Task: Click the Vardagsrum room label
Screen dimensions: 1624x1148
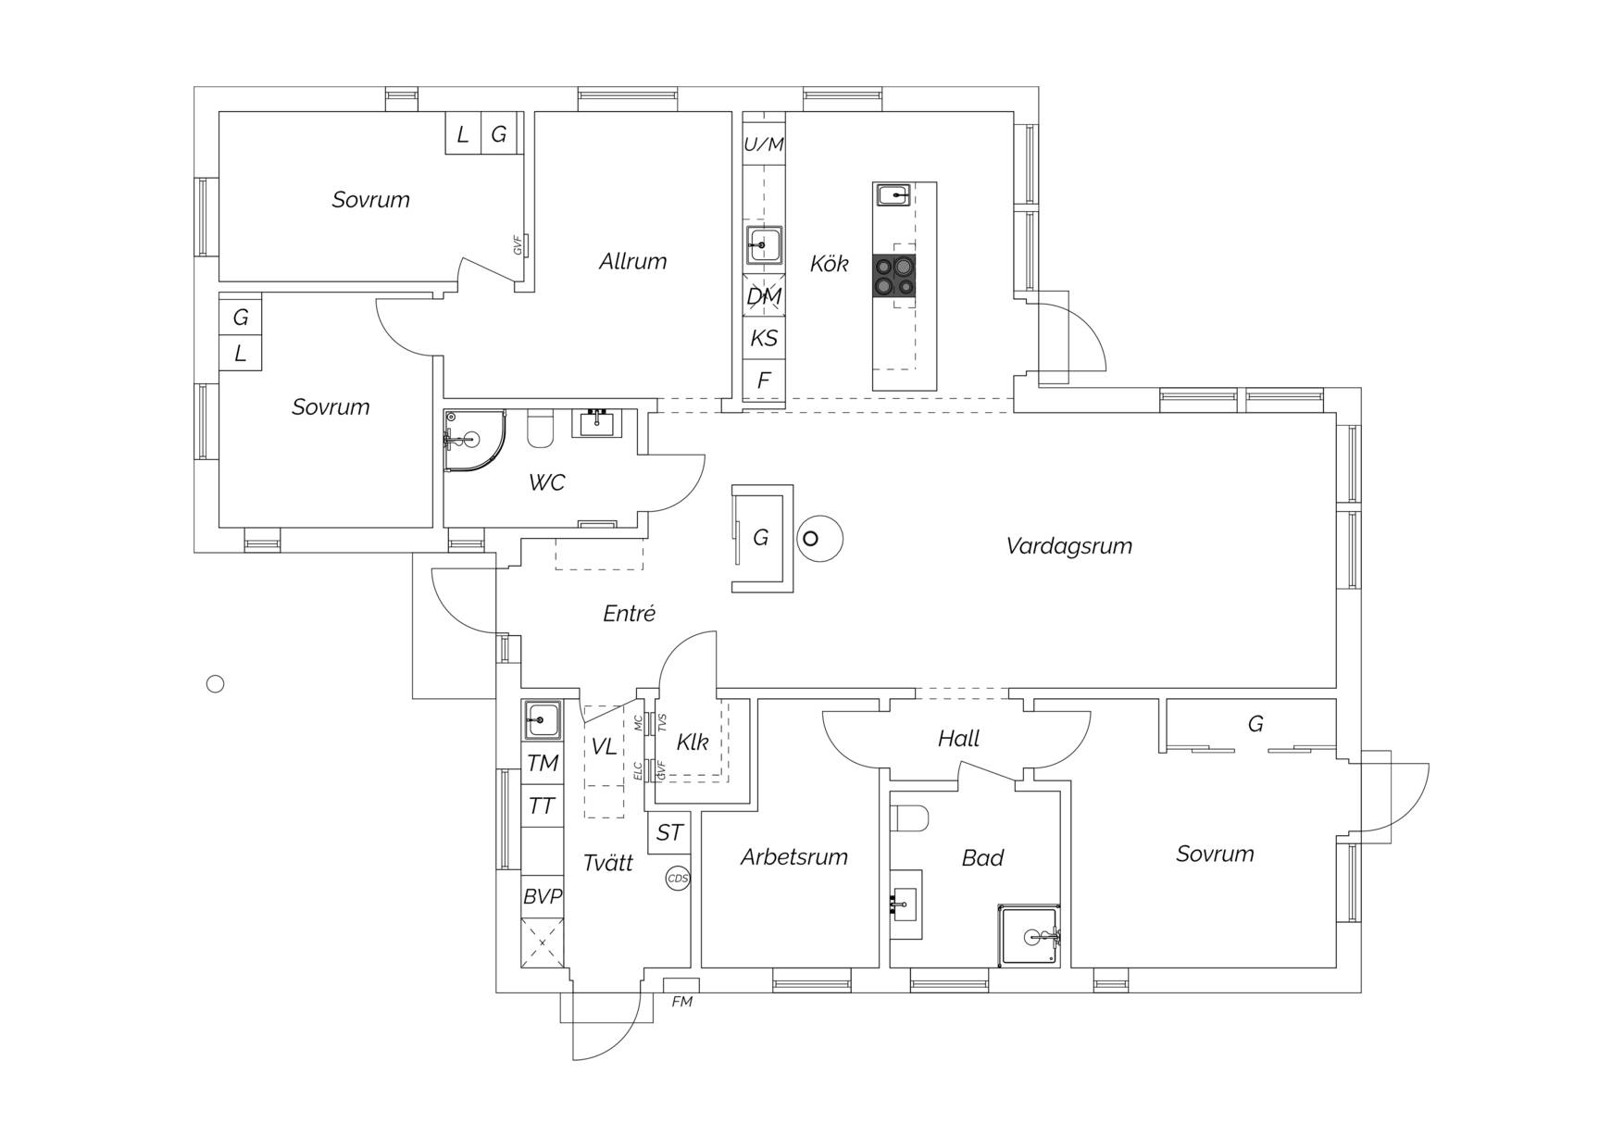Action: click(x=1069, y=546)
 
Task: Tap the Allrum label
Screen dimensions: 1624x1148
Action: click(x=632, y=261)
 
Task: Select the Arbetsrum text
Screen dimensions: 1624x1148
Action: click(x=794, y=857)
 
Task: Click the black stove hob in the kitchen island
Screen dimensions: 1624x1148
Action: click(x=893, y=276)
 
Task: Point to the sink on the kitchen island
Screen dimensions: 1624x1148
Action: click(x=893, y=194)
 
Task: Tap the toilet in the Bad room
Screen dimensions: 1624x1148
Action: click(x=913, y=818)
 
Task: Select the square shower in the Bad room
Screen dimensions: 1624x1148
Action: click(x=1029, y=936)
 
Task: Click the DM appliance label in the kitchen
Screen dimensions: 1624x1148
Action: click(x=764, y=296)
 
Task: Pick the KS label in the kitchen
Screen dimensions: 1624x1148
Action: click(x=764, y=338)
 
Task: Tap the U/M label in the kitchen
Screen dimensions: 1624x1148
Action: click(x=764, y=144)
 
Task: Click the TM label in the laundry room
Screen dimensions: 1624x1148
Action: click(x=543, y=763)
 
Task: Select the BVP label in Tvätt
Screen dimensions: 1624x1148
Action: click(x=543, y=896)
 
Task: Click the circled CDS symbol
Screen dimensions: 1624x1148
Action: click(x=678, y=879)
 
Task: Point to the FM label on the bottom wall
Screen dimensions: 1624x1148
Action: click(x=682, y=1002)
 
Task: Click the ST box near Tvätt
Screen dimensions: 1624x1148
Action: click(x=669, y=833)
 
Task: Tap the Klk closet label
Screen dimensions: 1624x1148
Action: click(x=693, y=742)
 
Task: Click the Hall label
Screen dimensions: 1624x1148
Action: click(x=958, y=739)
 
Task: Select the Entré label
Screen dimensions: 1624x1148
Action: click(x=630, y=613)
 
